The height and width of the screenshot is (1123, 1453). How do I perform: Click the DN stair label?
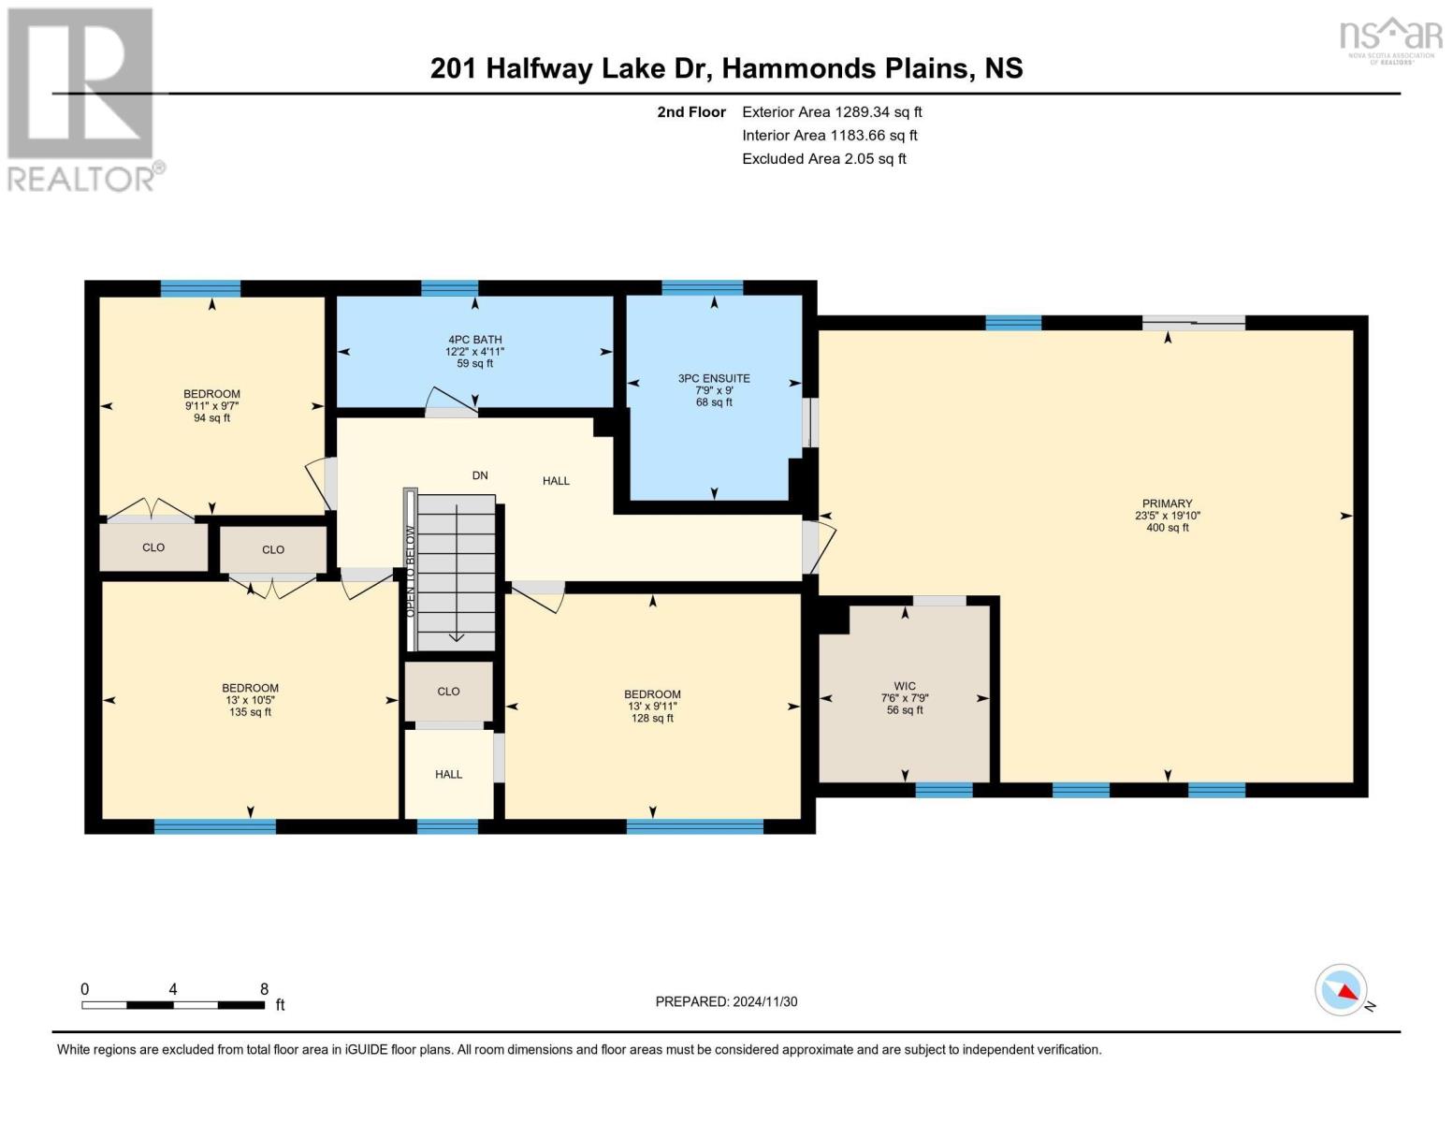coord(480,475)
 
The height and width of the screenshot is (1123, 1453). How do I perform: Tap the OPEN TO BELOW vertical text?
coord(410,571)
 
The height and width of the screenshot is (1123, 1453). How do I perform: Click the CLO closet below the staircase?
coord(448,692)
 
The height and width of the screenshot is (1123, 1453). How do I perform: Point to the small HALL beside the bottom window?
coord(448,774)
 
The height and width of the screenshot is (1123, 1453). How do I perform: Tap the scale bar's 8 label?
coord(265,989)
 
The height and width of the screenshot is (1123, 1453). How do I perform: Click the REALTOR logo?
coord(82,98)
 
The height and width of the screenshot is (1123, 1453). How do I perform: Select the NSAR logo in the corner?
coord(1390,37)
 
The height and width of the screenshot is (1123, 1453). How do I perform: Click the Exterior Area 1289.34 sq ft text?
coord(832,111)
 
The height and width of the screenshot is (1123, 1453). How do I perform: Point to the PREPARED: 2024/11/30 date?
coord(726,1001)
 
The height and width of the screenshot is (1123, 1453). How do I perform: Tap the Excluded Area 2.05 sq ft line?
coord(823,158)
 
